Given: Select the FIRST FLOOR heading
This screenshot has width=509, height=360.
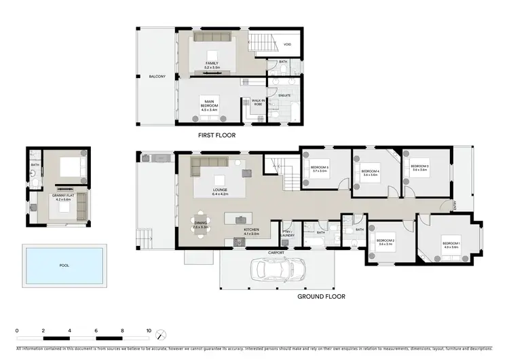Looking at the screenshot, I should pyautogui.click(x=216, y=135).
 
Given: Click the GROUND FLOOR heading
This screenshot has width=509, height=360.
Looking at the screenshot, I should pyautogui.click(x=322, y=296).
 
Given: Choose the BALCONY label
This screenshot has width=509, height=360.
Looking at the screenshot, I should pyautogui.click(x=157, y=76).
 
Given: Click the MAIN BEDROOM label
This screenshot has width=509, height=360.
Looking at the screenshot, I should pyautogui.click(x=208, y=106).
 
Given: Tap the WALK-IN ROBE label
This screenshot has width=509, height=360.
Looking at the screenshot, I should pyautogui.click(x=259, y=103).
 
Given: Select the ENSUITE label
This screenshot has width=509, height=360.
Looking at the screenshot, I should pyautogui.click(x=284, y=95).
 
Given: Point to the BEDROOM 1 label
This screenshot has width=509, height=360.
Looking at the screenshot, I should pyautogui.click(x=451, y=244).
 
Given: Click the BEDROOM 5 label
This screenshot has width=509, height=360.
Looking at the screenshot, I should pyautogui.click(x=320, y=168).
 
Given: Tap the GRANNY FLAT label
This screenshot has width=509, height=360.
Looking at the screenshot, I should pyautogui.click(x=62, y=197).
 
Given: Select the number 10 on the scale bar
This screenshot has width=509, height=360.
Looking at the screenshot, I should pyautogui.click(x=149, y=331).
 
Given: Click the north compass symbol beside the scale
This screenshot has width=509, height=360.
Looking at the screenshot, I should pyautogui.click(x=161, y=336).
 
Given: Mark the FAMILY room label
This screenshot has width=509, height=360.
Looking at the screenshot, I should pyautogui.click(x=212, y=65).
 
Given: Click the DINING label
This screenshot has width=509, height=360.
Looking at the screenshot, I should pyautogui.click(x=200, y=223).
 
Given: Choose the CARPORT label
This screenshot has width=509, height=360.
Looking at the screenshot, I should pyautogui.click(x=276, y=252).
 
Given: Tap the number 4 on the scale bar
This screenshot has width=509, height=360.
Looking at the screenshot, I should pyautogui.click(x=70, y=331).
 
